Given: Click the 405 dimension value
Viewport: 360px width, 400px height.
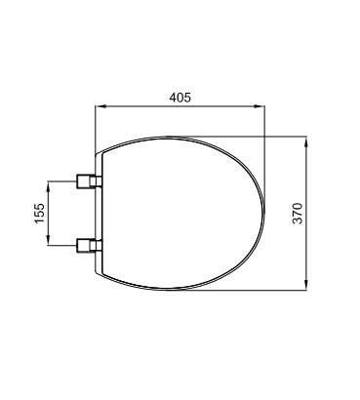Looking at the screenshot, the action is coord(180,98).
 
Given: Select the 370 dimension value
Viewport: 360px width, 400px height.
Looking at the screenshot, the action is coord(298,213).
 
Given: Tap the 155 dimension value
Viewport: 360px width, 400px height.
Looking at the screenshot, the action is coord(39,213).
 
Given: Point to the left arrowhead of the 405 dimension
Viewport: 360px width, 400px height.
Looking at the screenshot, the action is coord(100,105).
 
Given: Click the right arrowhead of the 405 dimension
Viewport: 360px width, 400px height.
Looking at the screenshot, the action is coord(260,105).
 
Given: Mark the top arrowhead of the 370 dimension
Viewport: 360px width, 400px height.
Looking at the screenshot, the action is coord(305,141).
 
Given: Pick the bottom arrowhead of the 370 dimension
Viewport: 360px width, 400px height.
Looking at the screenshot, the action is coord(305,285).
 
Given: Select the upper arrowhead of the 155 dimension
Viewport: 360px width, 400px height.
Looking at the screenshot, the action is coord(49,186).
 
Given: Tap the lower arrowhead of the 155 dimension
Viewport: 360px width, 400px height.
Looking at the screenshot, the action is coord(49,240).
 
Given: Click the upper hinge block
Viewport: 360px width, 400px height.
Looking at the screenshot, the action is coord(89,180).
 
